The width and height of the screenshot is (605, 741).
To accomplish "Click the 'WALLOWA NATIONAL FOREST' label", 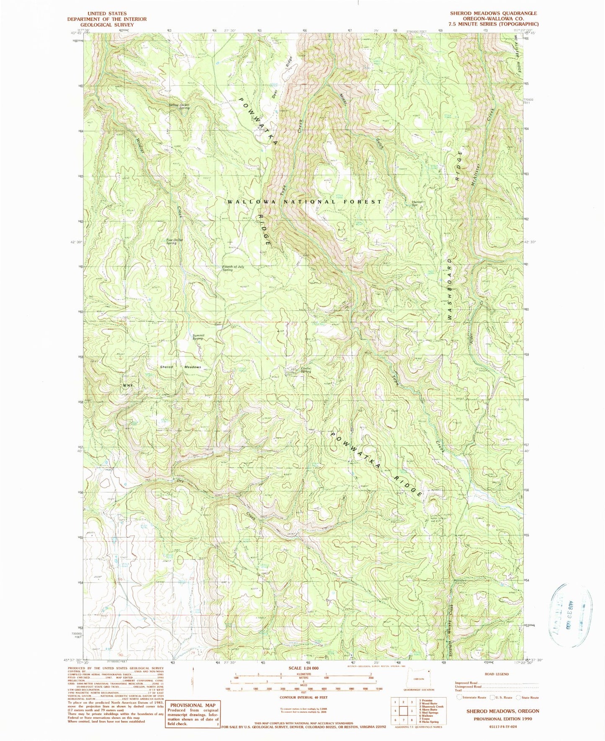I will point(304,202).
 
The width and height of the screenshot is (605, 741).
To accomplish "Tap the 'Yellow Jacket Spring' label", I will point(179,106).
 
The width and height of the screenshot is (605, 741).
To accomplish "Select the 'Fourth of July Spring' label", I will point(233,268).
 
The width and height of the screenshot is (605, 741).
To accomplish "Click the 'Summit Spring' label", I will point(198,337).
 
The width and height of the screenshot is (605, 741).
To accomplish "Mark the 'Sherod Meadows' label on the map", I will point(180,367).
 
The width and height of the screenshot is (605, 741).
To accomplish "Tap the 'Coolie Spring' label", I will point(306,370).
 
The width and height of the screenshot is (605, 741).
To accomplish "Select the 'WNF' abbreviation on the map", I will point(127,385).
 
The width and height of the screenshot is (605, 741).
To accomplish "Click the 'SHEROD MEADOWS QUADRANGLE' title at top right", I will point(493,14).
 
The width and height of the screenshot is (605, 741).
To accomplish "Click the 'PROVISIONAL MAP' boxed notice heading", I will point(193,705).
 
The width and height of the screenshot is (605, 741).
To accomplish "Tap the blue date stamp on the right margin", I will point(570,615).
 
